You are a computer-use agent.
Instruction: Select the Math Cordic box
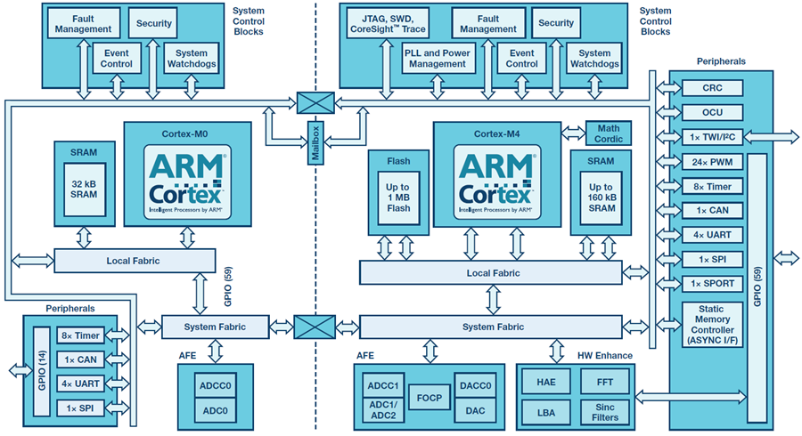point(609,133)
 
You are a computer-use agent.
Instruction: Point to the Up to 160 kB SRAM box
point(596,196)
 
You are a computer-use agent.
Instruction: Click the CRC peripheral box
point(711,88)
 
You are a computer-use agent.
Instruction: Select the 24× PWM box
point(711,162)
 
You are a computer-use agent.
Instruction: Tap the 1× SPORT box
point(711,283)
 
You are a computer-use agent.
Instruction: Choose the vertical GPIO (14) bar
point(40,370)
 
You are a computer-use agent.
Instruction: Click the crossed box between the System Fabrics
point(315,327)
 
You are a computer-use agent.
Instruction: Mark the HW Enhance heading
point(603,355)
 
